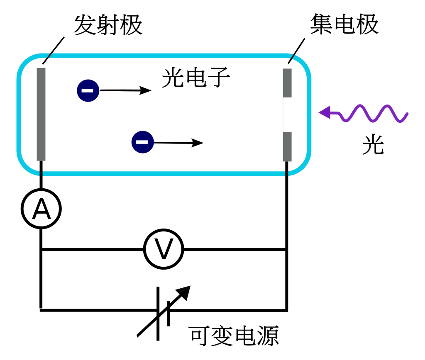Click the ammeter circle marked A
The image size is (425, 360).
41,209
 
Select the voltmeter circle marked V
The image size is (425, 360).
164,249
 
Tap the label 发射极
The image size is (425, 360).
108,25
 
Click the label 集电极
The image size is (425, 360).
344,24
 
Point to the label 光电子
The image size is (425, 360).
196,78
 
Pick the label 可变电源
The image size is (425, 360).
233,336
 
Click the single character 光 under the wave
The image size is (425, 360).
373,144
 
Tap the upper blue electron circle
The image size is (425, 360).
88,90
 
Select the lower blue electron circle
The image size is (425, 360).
143,142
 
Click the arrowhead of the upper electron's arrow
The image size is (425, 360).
145,90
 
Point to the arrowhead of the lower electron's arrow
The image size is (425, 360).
197,143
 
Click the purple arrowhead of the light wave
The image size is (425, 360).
325,112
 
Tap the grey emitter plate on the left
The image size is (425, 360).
41,114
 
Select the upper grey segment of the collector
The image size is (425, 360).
287,83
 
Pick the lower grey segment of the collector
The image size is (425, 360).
287,146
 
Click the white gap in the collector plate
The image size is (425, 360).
287,114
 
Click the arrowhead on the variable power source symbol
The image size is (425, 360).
184,292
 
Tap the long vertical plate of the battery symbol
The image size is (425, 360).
158,314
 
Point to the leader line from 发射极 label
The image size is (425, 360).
54,51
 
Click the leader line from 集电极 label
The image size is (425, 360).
296,51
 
